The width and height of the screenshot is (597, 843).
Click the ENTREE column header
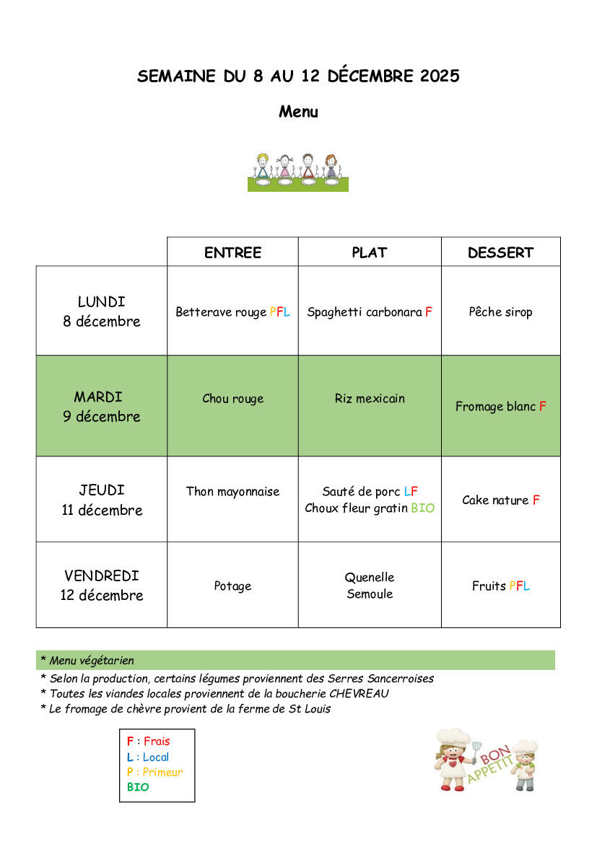tap(232, 252)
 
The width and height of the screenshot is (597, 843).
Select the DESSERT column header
tap(500, 252)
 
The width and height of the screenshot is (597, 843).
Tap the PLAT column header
tap(370, 252)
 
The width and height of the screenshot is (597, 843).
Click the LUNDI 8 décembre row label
tap(102, 312)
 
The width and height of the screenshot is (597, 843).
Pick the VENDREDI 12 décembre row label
tap(102, 586)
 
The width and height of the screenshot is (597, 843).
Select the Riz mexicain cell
tap(370, 398)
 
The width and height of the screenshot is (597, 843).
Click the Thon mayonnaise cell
tap(232, 491)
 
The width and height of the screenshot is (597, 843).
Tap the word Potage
tap(232, 586)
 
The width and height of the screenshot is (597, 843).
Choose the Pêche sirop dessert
tap(500, 312)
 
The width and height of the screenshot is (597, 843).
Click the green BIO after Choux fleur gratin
tap(423, 508)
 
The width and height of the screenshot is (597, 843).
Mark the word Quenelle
tap(370, 577)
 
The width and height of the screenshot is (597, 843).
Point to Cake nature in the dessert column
tap(495, 500)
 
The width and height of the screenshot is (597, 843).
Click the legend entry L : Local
tap(148, 757)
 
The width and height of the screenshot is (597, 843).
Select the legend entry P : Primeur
tap(154, 772)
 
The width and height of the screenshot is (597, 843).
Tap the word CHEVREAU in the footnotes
tap(359, 694)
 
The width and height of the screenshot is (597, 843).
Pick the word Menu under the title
tap(298, 112)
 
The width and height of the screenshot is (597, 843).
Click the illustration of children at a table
tap(298, 172)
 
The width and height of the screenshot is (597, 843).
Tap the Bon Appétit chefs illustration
tap(486, 759)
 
